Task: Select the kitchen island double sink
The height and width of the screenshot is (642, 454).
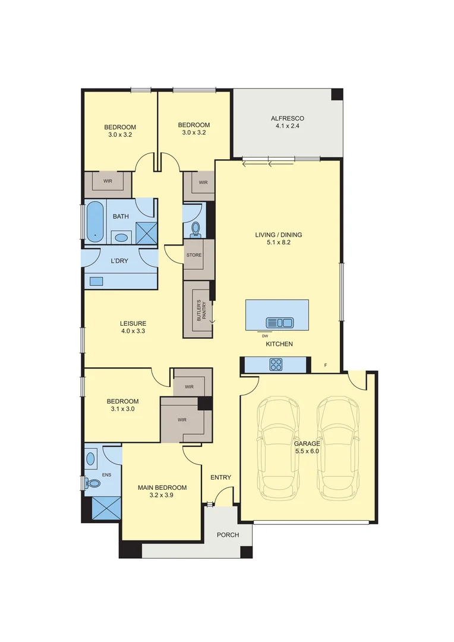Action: click(x=279, y=323)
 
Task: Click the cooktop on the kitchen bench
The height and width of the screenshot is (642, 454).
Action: click(x=276, y=364)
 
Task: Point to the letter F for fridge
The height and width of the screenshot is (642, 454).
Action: click(x=325, y=364)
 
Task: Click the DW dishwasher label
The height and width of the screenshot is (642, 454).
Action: click(x=265, y=336)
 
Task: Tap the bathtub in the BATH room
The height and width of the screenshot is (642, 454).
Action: click(x=94, y=223)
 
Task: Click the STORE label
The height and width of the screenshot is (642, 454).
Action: click(x=194, y=255)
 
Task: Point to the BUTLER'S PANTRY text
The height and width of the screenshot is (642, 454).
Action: click(x=201, y=310)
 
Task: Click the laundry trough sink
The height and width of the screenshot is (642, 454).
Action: click(x=96, y=281)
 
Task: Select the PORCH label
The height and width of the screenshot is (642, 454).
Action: click(x=228, y=535)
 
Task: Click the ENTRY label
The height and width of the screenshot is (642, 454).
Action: click(x=220, y=477)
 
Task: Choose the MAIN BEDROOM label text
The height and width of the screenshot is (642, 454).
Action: click(x=162, y=488)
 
